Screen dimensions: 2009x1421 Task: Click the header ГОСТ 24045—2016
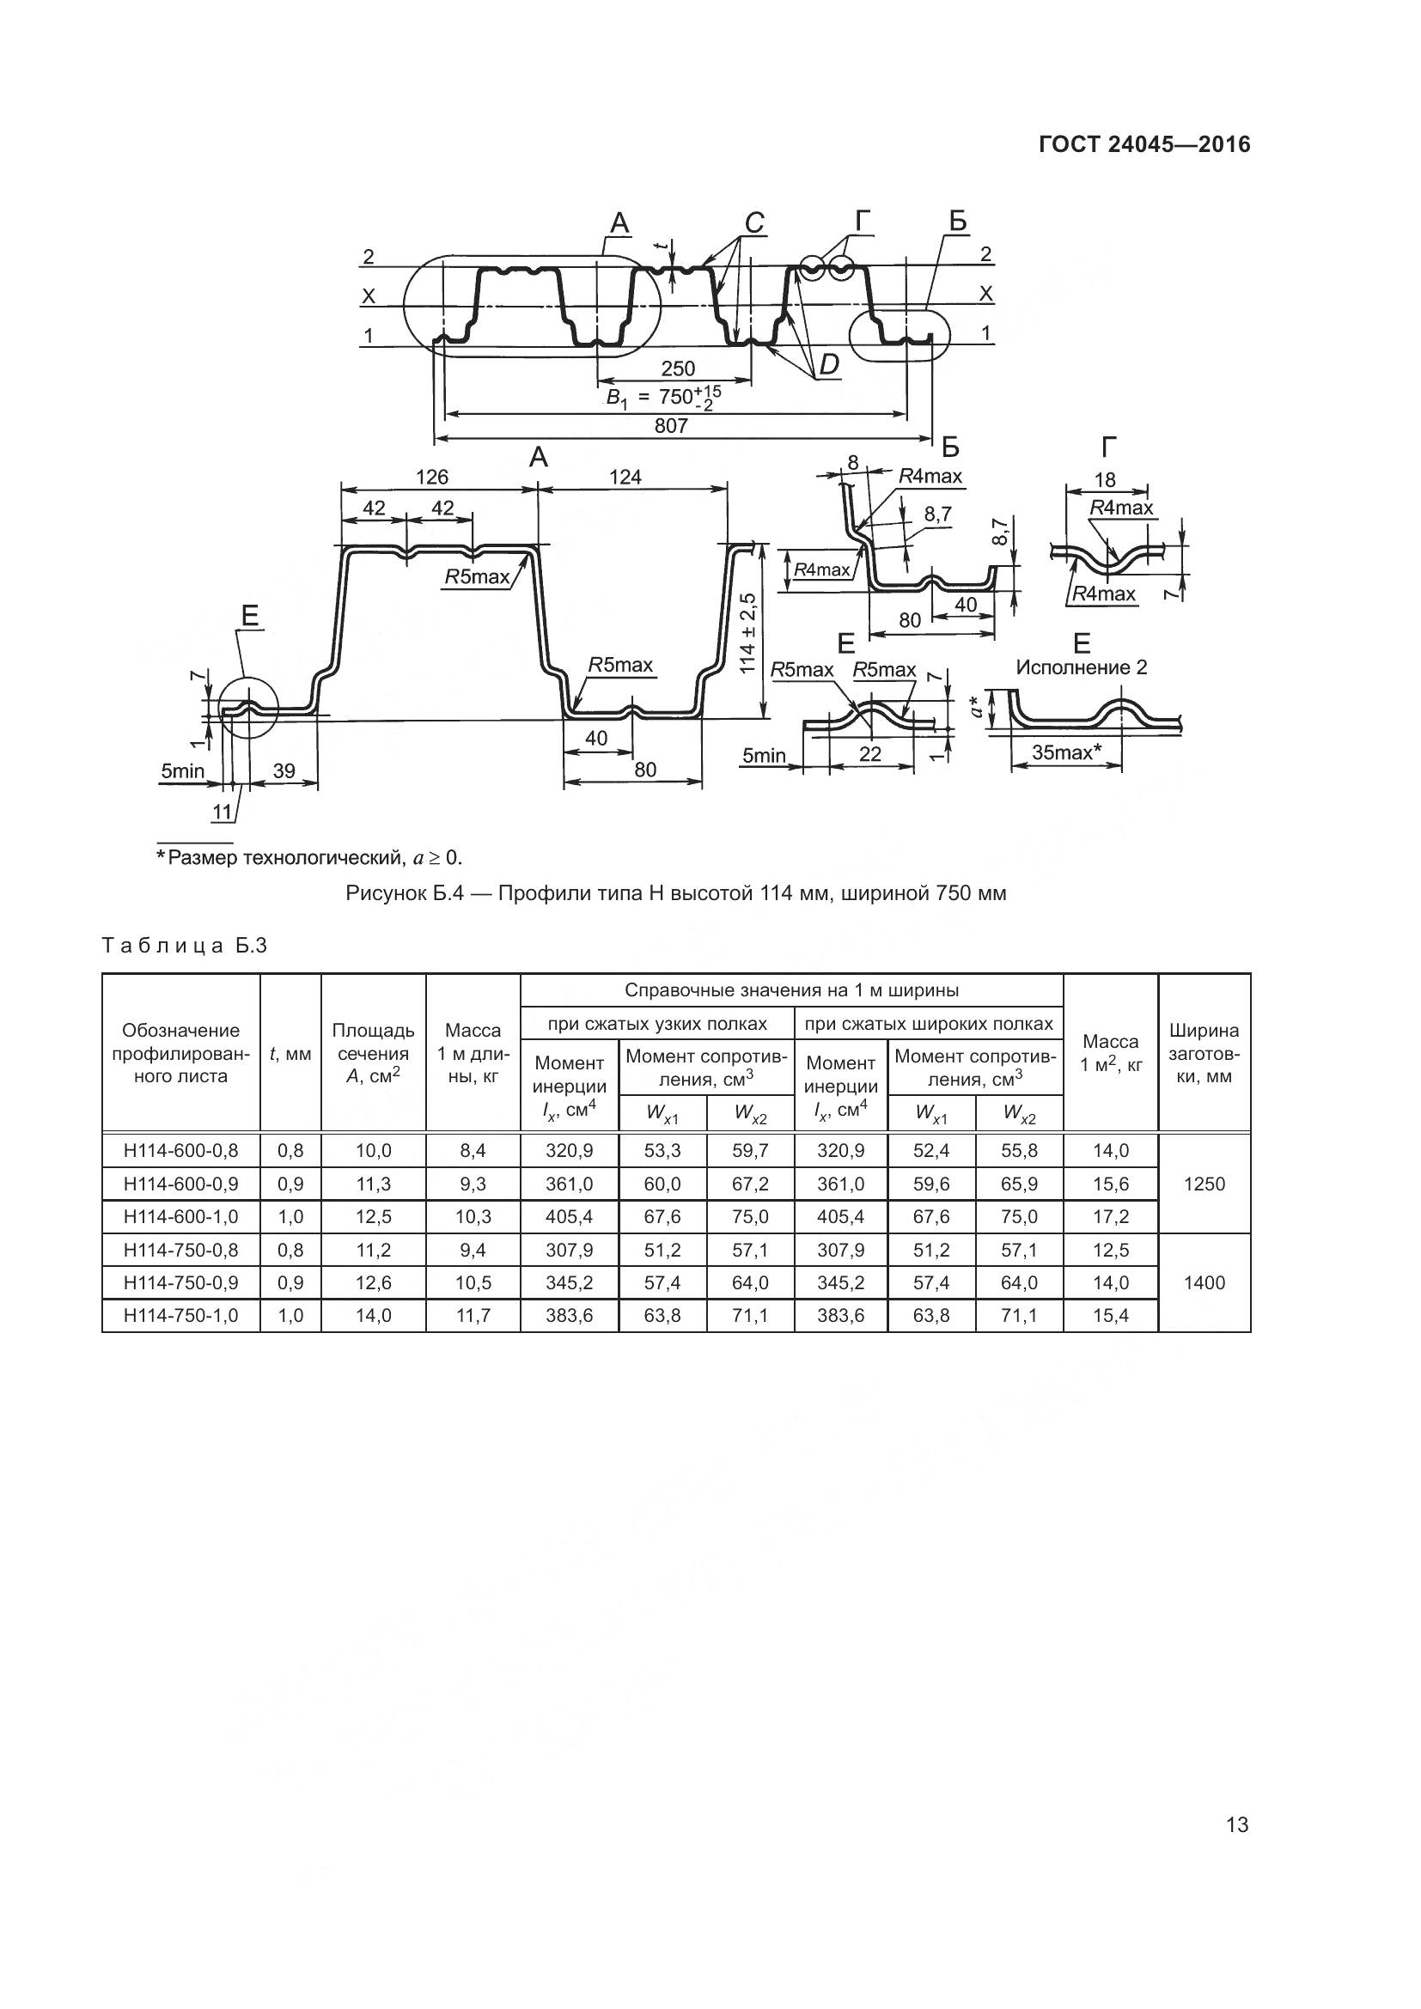pyautogui.click(x=1144, y=144)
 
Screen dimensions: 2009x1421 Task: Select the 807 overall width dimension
pyautogui.click(x=670, y=426)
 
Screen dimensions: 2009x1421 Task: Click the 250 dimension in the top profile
pyautogui.click(x=677, y=368)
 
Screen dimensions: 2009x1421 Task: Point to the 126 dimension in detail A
pyautogui.click(x=432, y=477)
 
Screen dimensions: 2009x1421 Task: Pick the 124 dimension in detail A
pyautogui.click(x=625, y=477)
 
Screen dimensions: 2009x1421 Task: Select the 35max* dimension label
pyautogui.click(x=1065, y=752)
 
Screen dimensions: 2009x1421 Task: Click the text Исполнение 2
pyautogui.click(x=1082, y=667)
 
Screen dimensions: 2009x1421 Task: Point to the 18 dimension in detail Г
pyautogui.click(x=1105, y=479)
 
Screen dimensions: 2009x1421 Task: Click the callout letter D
pyautogui.click(x=827, y=365)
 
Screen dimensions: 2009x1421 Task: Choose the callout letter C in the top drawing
pyautogui.click(x=754, y=224)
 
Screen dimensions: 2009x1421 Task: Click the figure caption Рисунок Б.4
pyautogui.click(x=675, y=893)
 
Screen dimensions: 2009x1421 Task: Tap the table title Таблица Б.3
pyautogui.click(x=185, y=946)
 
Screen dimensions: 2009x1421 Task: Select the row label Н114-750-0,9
pyautogui.click(x=181, y=1282)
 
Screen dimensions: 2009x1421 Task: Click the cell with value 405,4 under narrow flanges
pyautogui.click(x=569, y=1216)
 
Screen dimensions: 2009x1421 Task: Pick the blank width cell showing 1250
pyautogui.click(x=1204, y=1184)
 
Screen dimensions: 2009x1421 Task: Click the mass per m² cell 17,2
pyautogui.click(x=1110, y=1216)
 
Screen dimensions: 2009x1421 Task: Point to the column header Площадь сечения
pyautogui.click(x=373, y=1054)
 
